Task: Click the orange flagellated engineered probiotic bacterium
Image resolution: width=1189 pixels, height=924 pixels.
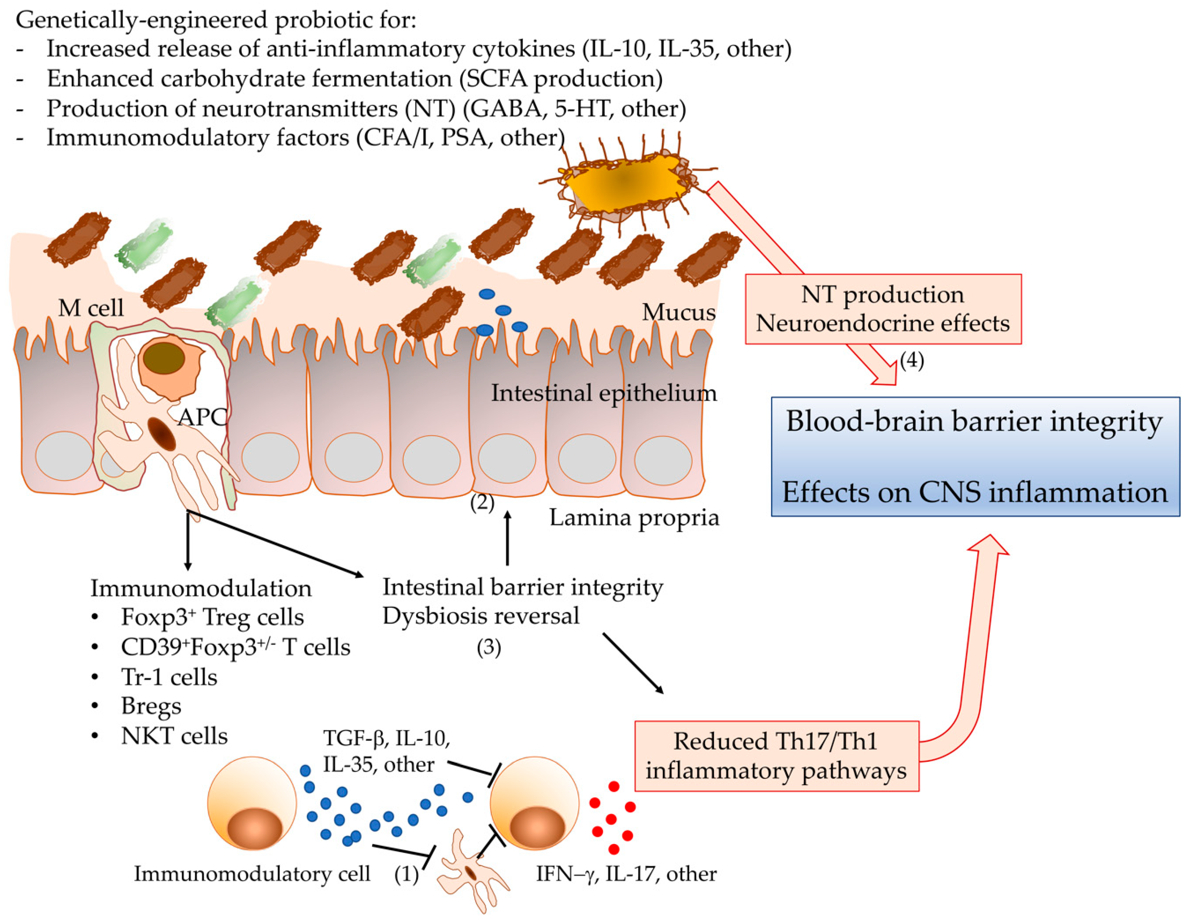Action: tap(626, 182)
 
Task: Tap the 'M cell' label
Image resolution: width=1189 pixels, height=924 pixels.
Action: tap(90, 308)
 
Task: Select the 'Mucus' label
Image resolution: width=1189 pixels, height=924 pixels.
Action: tap(678, 312)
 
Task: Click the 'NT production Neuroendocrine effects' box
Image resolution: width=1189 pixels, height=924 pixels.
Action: tap(882, 309)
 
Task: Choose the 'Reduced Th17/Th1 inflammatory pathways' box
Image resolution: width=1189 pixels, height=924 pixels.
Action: tap(776, 756)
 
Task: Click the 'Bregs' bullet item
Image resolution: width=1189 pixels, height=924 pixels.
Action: tap(151, 706)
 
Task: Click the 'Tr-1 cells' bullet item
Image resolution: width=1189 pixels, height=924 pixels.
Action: tap(169, 677)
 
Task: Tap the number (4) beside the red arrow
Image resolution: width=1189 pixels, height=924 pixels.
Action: tap(911, 360)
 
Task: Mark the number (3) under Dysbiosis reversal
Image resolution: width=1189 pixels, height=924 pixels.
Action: tap(488, 647)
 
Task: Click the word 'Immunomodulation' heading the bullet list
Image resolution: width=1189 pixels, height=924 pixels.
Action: tap(201, 588)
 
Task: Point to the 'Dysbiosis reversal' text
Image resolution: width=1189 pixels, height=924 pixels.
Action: tap(481, 616)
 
